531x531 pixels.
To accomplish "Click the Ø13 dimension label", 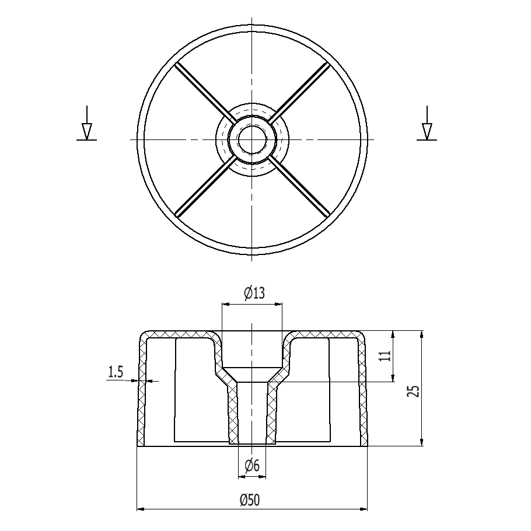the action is tap(254, 294).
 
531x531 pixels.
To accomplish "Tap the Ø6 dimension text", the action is tap(252, 466).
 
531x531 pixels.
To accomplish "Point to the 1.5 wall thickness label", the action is tap(115, 372).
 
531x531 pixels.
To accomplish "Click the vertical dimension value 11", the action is tap(385, 356).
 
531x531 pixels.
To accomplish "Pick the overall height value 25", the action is tap(413, 391).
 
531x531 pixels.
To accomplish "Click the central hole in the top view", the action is tap(252, 139).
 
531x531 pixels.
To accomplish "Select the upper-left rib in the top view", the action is tap(205, 92).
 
